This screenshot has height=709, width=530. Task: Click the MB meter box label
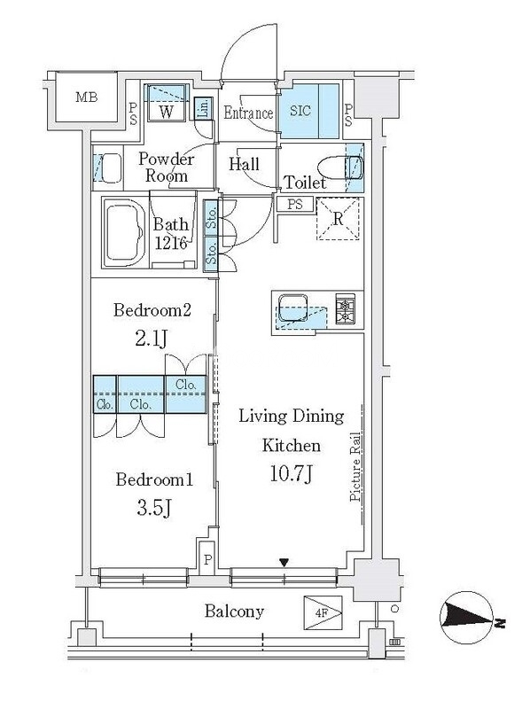pos(86,97)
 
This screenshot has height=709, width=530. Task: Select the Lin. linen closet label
pos(204,108)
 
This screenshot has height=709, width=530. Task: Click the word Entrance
pos(248,113)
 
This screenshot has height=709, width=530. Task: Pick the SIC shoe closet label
pos(300,111)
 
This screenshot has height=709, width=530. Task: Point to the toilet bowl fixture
pos(340,168)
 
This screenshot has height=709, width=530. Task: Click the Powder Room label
pos(166,167)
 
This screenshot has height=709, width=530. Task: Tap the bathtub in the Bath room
pos(124,232)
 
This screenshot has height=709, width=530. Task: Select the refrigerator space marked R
pos(339,219)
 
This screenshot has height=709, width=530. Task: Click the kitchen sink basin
pos(293,307)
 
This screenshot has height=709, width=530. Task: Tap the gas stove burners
pos(346,308)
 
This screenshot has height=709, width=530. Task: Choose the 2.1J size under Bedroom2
pos(152,338)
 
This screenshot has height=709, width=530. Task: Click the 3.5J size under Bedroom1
pos(153,507)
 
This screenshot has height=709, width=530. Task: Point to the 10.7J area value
pos(292,473)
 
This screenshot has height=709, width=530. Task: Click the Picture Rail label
pos(355,467)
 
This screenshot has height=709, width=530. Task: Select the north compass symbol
pos(466,618)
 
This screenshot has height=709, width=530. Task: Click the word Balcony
pos(234,612)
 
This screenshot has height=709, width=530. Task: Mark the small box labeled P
pos(207,558)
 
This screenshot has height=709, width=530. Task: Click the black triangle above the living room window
pos(284,563)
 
